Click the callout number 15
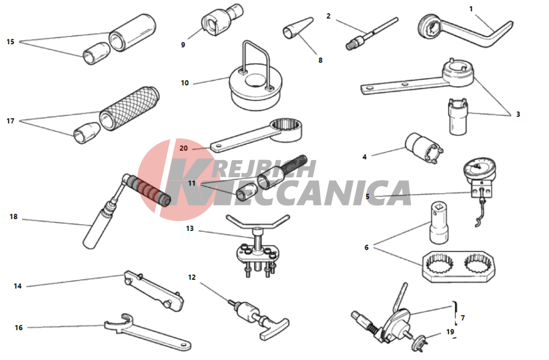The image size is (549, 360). pyautogui.click(x=11, y=42)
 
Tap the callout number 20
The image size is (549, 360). pyautogui.click(x=183, y=148)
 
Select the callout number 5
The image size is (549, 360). pyautogui.click(x=367, y=196)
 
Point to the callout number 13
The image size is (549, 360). pyautogui.click(x=190, y=228)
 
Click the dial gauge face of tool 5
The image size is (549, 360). pyautogui.click(x=480, y=168)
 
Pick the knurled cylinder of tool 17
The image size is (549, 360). pyautogui.click(x=129, y=108)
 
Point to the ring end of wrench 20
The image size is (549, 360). pyautogui.click(x=286, y=129)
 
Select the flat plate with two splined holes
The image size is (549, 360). pyautogui.click(x=458, y=266)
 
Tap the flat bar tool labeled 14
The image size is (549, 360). pyautogui.click(x=154, y=291)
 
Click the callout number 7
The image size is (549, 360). pyautogui.click(x=463, y=317)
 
